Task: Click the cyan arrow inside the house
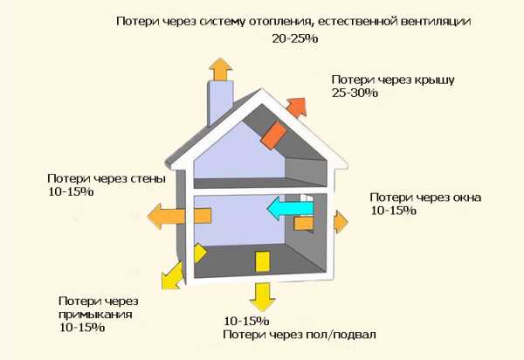point(290,209)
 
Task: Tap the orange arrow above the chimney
point(220,69)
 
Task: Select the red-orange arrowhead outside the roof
point(297,107)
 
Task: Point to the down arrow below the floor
point(262,297)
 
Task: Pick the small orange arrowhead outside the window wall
point(341,222)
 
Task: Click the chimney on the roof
point(220,101)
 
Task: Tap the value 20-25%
point(295,38)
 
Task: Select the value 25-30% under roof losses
point(355,93)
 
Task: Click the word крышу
point(435,80)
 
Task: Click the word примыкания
point(95,315)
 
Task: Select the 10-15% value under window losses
point(393,211)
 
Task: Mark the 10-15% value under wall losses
point(71,192)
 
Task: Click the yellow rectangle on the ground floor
point(262,262)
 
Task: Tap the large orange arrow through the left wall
point(179,217)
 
